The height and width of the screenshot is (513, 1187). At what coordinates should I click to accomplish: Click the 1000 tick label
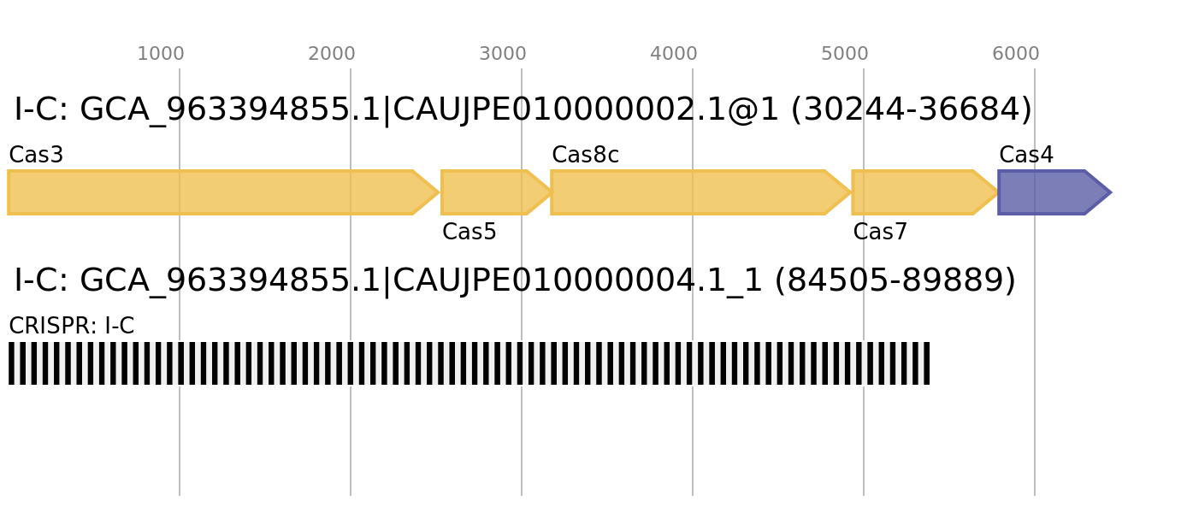click(x=161, y=54)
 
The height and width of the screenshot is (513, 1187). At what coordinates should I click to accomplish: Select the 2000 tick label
click(x=332, y=54)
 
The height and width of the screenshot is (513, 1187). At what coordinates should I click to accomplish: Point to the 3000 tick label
click(x=503, y=54)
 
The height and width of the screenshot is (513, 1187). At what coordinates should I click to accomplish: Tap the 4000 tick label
click(x=674, y=54)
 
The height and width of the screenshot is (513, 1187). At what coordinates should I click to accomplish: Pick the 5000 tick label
click(x=845, y=54)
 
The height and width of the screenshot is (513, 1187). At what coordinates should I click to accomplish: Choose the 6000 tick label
click(x=1016, y=54)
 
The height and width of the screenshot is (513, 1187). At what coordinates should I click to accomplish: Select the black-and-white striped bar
click(x=469, y=363)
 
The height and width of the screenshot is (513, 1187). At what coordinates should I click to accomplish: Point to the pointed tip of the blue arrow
click(x=1111, y=192)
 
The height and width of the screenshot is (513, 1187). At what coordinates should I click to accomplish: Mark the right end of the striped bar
click(x=930, y=363)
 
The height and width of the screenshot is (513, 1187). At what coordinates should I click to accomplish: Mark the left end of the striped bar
click(x=9, y=363)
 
